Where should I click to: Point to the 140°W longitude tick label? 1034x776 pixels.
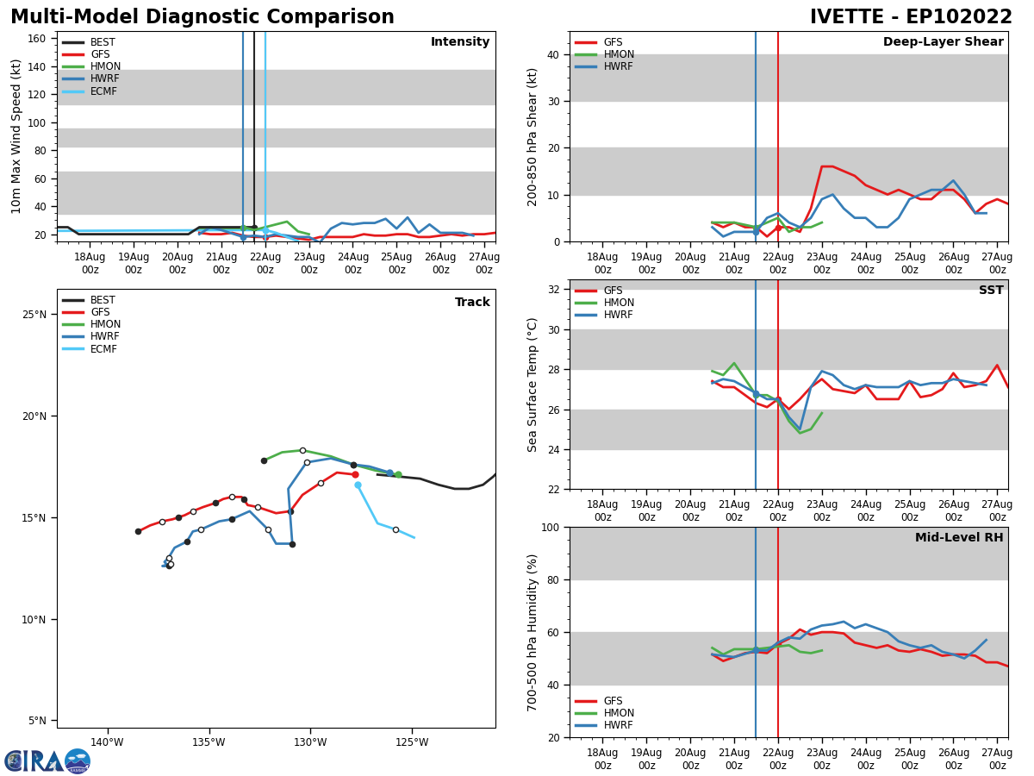(x=107, y=742)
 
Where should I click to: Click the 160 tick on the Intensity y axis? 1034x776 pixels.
(x=39, y=39)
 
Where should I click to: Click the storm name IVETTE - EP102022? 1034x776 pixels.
(x=911, y=17)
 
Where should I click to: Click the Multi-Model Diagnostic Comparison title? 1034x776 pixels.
(x=202, y=17)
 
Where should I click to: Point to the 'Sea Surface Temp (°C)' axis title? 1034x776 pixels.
(x=533, y=385)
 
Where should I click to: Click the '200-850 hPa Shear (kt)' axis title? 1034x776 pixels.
(x=533, y=137)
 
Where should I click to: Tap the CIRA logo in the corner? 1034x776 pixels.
(x=47, y=760)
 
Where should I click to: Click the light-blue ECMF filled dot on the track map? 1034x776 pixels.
(x=358, y=485)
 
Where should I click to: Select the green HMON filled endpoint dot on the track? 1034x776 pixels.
(x=398, y=474)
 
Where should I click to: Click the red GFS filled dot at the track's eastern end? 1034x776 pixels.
(x=355, y=474)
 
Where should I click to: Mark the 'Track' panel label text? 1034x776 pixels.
(x=472, y=303)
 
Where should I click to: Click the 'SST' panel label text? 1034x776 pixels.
(x=991, y=291)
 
